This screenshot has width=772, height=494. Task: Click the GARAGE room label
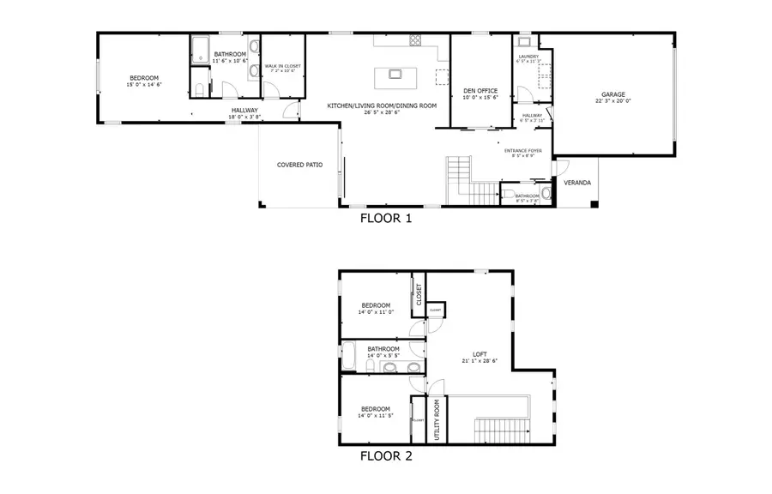click(612, 94)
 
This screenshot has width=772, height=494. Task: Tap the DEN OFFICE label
click(481, 90)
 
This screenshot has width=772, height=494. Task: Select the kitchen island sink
click(395, 74)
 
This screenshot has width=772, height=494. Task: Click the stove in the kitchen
click(415, 40)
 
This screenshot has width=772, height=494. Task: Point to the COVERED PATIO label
click(299, 165)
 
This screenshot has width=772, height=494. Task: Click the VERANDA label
click(576, 183)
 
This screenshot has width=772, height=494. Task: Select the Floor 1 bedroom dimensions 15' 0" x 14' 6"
click(144, 84)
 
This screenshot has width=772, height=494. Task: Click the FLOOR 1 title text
click(385, 218)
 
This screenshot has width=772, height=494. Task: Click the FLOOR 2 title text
click(385, 456)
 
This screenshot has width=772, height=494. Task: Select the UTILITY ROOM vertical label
click(437, 419)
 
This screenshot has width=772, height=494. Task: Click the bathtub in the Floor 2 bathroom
click(349, 357)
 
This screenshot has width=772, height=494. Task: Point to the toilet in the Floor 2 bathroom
click(415, 368)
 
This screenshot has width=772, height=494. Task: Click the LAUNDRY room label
click(528, 57)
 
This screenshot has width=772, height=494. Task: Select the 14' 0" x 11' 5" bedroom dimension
click(375, 417)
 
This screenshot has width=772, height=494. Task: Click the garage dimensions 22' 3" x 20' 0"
click(612, 101)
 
